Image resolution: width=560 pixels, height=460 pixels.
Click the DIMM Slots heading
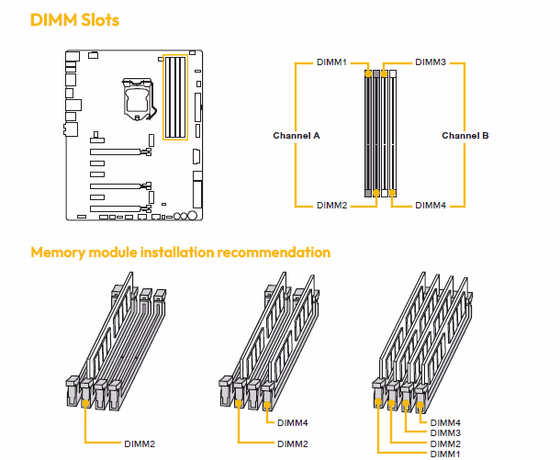point(75,18)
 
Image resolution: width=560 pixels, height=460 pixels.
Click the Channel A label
point(297,135)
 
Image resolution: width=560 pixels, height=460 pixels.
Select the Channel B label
point(465,135)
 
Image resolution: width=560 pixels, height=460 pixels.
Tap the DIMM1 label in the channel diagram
point(331,62)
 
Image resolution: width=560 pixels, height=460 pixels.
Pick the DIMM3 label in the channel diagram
point(431,62)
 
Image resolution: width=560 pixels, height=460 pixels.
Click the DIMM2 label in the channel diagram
point(331,205)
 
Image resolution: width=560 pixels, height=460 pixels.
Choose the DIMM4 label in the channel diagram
point(431,205)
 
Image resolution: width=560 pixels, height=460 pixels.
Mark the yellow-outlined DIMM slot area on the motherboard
point(174,98)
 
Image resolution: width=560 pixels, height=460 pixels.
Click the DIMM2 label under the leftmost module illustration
point(140,443)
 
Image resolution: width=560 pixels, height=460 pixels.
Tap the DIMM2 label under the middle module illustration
point(293,443)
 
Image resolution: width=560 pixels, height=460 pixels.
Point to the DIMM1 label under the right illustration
point(445,453)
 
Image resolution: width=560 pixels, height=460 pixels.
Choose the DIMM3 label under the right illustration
point(445,432)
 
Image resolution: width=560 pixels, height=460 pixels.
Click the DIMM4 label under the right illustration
point(445,422)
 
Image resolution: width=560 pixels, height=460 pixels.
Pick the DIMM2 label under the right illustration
point(445,443)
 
